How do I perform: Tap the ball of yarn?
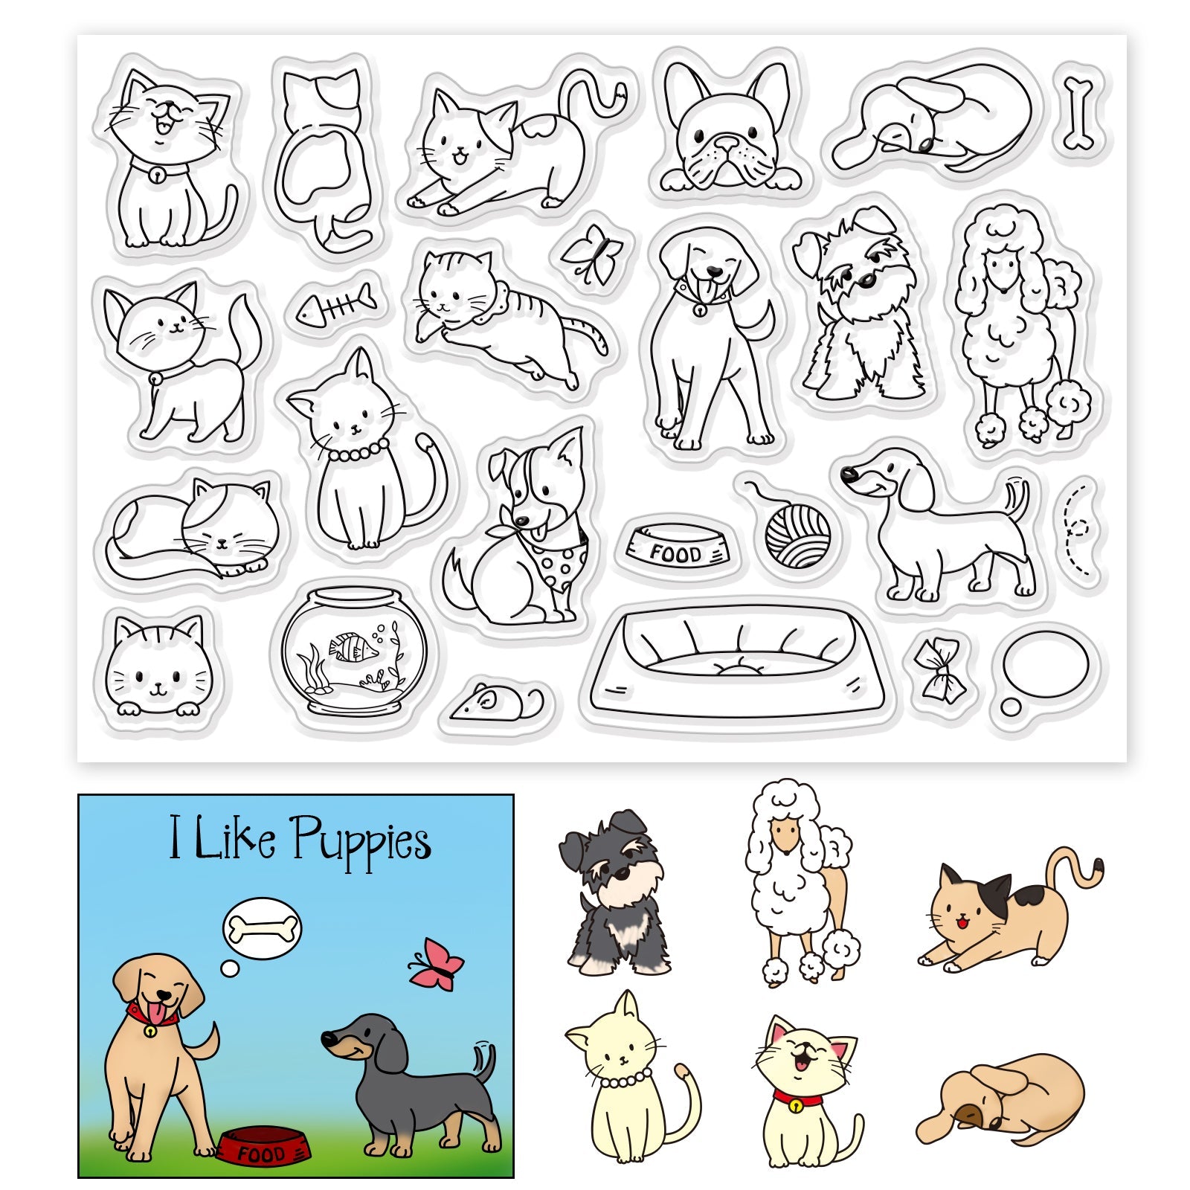(x=796, y=530)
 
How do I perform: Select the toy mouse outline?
(x=498, y=701)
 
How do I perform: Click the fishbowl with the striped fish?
(x=354, y=651)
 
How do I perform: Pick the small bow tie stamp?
(x=939, y=670)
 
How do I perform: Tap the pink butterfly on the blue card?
(x=436, y=964)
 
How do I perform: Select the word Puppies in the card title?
(x=361, y=841)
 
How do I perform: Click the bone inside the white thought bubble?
(x=263, y=927)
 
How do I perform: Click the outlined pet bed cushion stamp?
(x=737, y=662)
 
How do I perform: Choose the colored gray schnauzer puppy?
(x=615, y=892)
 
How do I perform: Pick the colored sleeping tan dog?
(x=1000, y=1099)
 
